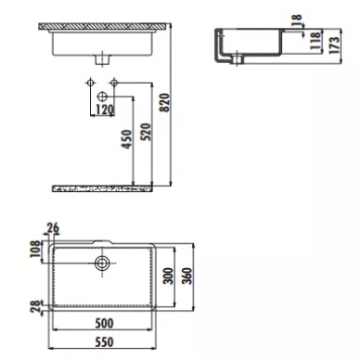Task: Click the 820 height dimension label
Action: [165, 102]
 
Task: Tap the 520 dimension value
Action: [147, 132]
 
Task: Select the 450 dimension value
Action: [127, 139]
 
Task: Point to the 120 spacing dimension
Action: [104, 109]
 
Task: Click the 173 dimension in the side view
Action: [334, 45]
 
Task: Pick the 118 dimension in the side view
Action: [315, 40]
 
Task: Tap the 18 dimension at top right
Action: [297, 20]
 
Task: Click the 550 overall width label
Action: [104, 342]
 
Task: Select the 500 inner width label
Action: [104, 323]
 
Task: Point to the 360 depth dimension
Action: [187, 276]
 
